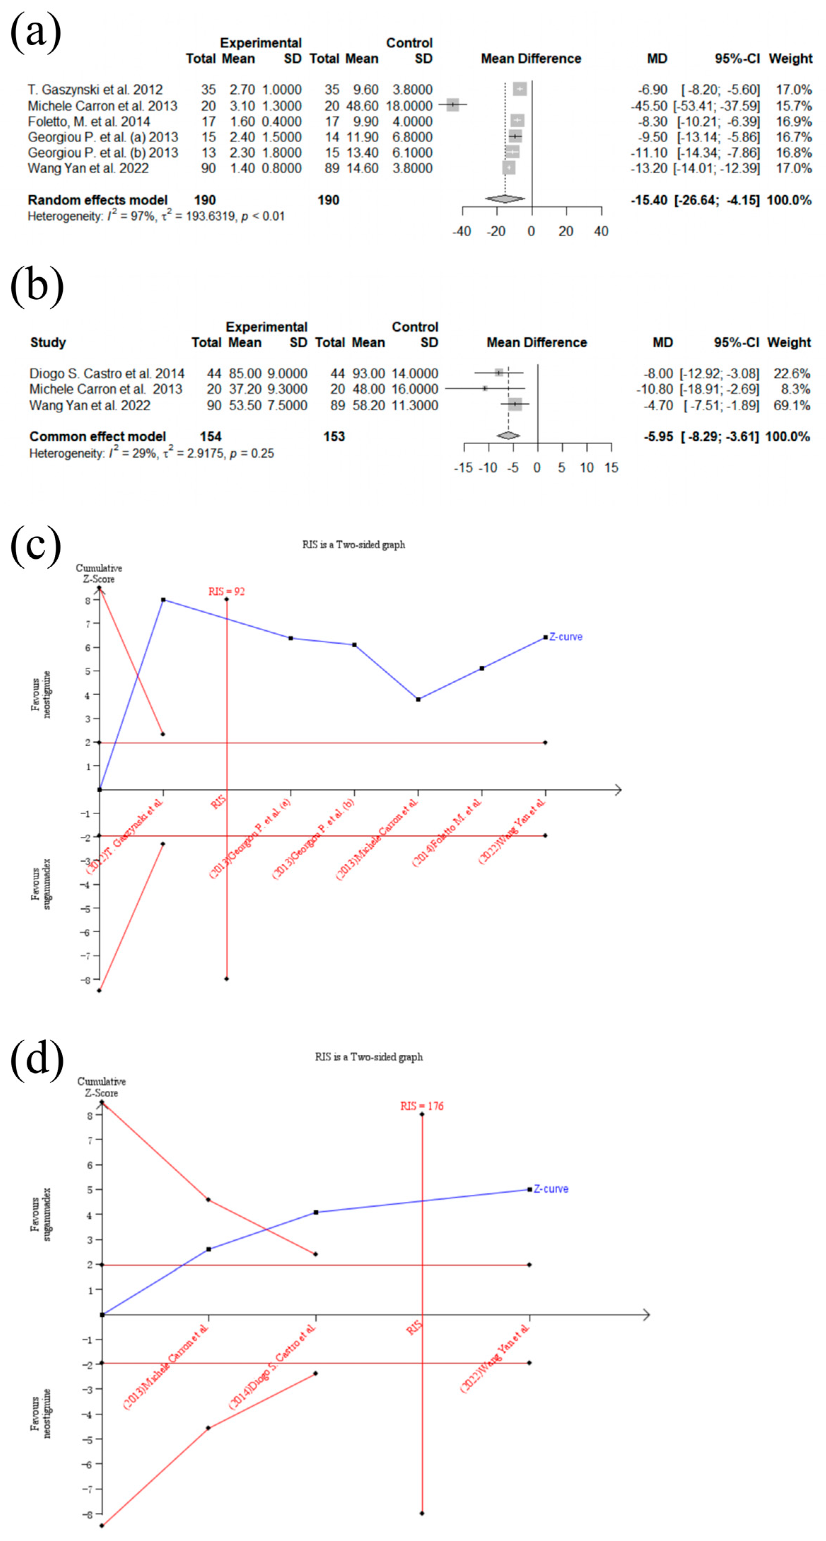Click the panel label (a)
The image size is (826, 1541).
pos(35,31)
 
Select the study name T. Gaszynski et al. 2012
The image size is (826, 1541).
pos(95,90)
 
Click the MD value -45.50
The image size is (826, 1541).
pos(649,106)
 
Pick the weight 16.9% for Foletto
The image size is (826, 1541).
pos(794,121)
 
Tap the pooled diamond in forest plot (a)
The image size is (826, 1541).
pos(505,199)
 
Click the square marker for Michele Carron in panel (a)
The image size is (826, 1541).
pos(453,105)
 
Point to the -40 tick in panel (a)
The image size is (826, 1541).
pos(462,232)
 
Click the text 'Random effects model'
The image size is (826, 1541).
pos(98,200)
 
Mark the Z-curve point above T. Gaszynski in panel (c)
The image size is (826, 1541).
pos(163,599)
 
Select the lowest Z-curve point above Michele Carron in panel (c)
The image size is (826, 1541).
pos(418,699)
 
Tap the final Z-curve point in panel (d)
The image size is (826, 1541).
pos(529,1189)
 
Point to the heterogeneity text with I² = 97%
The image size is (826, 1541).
pos(156,216)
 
